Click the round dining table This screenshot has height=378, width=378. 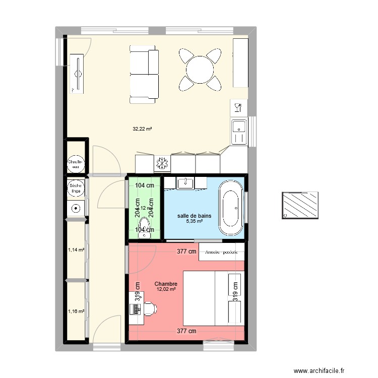click(200, 69)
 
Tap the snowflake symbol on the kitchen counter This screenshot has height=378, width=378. click(162, 164)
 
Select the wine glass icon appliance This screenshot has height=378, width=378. click(238, 107)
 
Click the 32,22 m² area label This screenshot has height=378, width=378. click(142, 129)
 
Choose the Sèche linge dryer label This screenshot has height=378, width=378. click(76, 187)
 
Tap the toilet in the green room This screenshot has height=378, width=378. click(145, 227)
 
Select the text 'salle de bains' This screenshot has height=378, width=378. click(194, 216)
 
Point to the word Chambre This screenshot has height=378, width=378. click(166, 284)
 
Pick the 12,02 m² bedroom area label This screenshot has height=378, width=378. click(166, 289)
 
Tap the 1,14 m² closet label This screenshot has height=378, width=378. click(76, 249)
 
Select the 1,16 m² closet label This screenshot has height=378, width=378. click(76, 311)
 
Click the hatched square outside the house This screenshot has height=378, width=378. click(301, 205)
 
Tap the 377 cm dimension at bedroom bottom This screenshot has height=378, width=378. click(186, 331)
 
